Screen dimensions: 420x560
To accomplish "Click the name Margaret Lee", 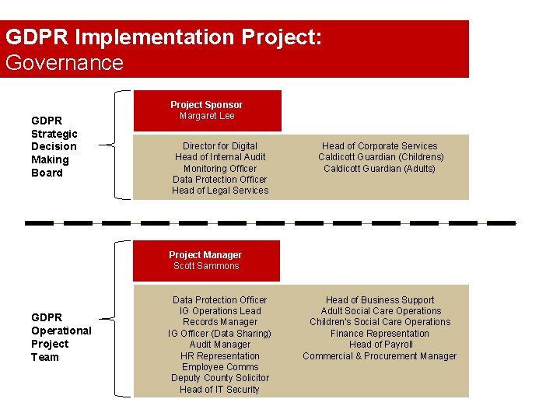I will pos(207,116).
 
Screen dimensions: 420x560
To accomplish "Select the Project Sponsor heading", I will pos(207,104).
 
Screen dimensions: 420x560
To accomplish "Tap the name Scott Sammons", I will pos(206,266).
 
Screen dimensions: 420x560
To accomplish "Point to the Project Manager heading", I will pos(205,254).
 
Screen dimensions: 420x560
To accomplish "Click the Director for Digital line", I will pos(220,145).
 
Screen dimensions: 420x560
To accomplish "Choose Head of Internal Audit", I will pos(220,157).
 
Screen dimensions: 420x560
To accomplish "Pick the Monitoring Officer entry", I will pos(220,168).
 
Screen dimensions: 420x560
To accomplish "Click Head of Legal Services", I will pos(220,191).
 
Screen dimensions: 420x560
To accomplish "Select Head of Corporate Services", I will pos(380,145).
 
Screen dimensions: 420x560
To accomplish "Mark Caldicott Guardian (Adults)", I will pos(380,168).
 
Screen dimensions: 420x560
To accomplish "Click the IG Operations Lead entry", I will pos(220,311).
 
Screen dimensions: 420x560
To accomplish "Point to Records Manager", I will pos(220,322).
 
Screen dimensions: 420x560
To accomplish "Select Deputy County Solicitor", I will pos(220,378).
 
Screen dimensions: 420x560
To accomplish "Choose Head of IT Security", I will pos(220,390).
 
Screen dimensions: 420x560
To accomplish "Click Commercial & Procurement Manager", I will pos(380,356).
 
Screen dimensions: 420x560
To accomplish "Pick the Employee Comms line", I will pos(220,367).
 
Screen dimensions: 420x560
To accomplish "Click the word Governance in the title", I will pos(65,62).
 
